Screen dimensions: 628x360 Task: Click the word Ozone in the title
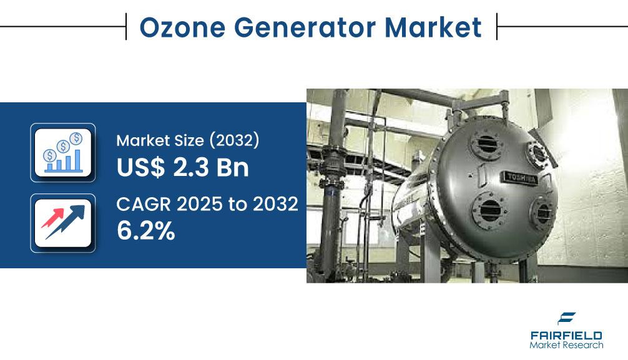click(x=182, y=27)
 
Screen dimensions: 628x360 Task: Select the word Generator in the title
click(x=305, y=27)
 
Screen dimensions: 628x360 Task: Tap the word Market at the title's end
click(x=433, y=27)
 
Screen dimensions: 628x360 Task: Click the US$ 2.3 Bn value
click(x=183, y=167)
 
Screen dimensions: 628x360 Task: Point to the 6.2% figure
click(x=146, y=231)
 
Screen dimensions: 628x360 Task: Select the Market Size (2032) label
click(x=188, y=140)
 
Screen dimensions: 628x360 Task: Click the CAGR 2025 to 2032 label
click(x=207, y=204)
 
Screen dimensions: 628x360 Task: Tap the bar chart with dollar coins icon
click(x=63, y=153)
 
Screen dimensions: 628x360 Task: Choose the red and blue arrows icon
click(x=63, y=223)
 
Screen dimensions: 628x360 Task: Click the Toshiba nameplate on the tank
click(x=520, y=178)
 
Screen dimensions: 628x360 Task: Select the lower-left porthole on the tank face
click(x=489, y=210)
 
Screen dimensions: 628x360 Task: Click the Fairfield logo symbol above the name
click(x=566, y=318)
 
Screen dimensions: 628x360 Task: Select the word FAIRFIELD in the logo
click(x=566, y=336)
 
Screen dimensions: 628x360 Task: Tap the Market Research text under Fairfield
click(x=566, y=345)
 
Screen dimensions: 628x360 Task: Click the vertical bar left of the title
click(x=126, y=26)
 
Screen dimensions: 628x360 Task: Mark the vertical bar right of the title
click(x=497, y=26)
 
